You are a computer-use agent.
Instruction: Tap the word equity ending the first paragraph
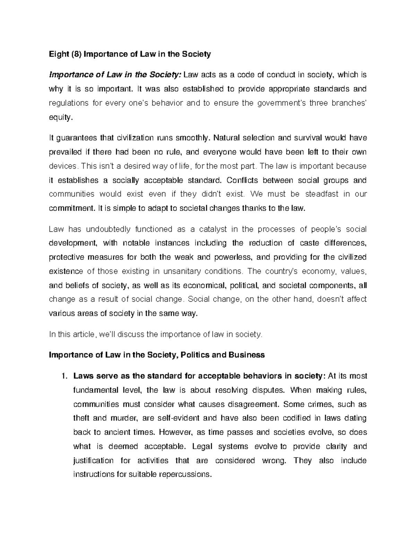pos(61,118)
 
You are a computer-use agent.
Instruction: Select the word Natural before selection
pos(227,138)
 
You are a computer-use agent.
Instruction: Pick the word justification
pos(94,461)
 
